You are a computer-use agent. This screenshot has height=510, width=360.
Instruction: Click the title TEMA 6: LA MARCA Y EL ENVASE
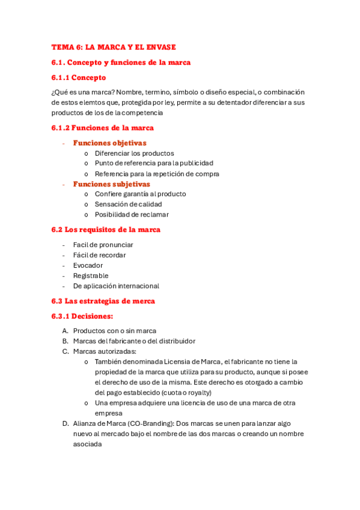coord(114,47)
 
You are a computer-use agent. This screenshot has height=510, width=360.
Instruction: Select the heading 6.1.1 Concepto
coord(79,78)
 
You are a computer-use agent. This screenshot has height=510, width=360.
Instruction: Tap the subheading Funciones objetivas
coord(109,143)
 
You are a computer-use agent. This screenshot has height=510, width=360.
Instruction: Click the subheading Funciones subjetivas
coord(111,184)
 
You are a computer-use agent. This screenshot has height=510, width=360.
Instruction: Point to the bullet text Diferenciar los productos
coord(134,153)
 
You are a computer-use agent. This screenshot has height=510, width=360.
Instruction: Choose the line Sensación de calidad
coord(128,204)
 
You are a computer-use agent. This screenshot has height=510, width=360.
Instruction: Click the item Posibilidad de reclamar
coord(132,215)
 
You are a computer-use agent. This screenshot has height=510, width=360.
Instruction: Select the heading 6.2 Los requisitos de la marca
coord(106,230)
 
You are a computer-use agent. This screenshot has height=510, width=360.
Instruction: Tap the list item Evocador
coord(88,265)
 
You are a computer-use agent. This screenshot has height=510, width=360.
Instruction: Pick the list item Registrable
coord(91,275)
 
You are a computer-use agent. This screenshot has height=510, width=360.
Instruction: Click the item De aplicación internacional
coord(116,286)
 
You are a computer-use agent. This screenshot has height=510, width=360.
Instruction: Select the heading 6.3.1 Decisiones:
coord(82,316)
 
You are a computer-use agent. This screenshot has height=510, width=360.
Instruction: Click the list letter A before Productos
coord(64,331)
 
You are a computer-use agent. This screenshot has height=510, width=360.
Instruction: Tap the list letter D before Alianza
coord(65,423)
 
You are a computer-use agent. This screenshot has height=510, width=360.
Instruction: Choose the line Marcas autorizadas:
coord(105,351)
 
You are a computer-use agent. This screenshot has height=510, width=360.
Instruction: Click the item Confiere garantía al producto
coord(140,194)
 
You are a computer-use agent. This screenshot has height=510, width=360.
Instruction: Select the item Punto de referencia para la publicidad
coord(154,164)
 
